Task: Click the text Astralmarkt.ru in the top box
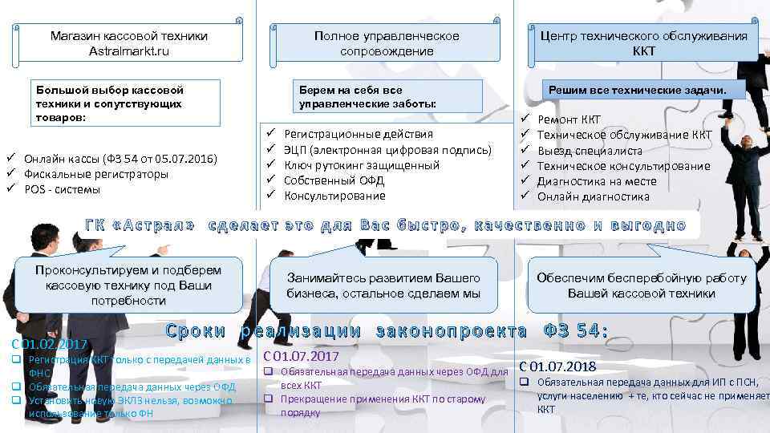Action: click(129, 51)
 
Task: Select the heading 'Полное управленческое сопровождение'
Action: click(387, 43)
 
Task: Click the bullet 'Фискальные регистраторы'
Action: click(96, 174)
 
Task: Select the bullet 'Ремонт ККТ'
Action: click(569, 120)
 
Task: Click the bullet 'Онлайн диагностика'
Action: click(594, 196)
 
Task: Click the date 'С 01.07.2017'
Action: click(301, 355)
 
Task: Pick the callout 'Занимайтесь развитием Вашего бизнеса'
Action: click(383, 285)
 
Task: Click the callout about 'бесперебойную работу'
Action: click(641, 285)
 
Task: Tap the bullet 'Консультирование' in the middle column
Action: click(336, 196)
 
